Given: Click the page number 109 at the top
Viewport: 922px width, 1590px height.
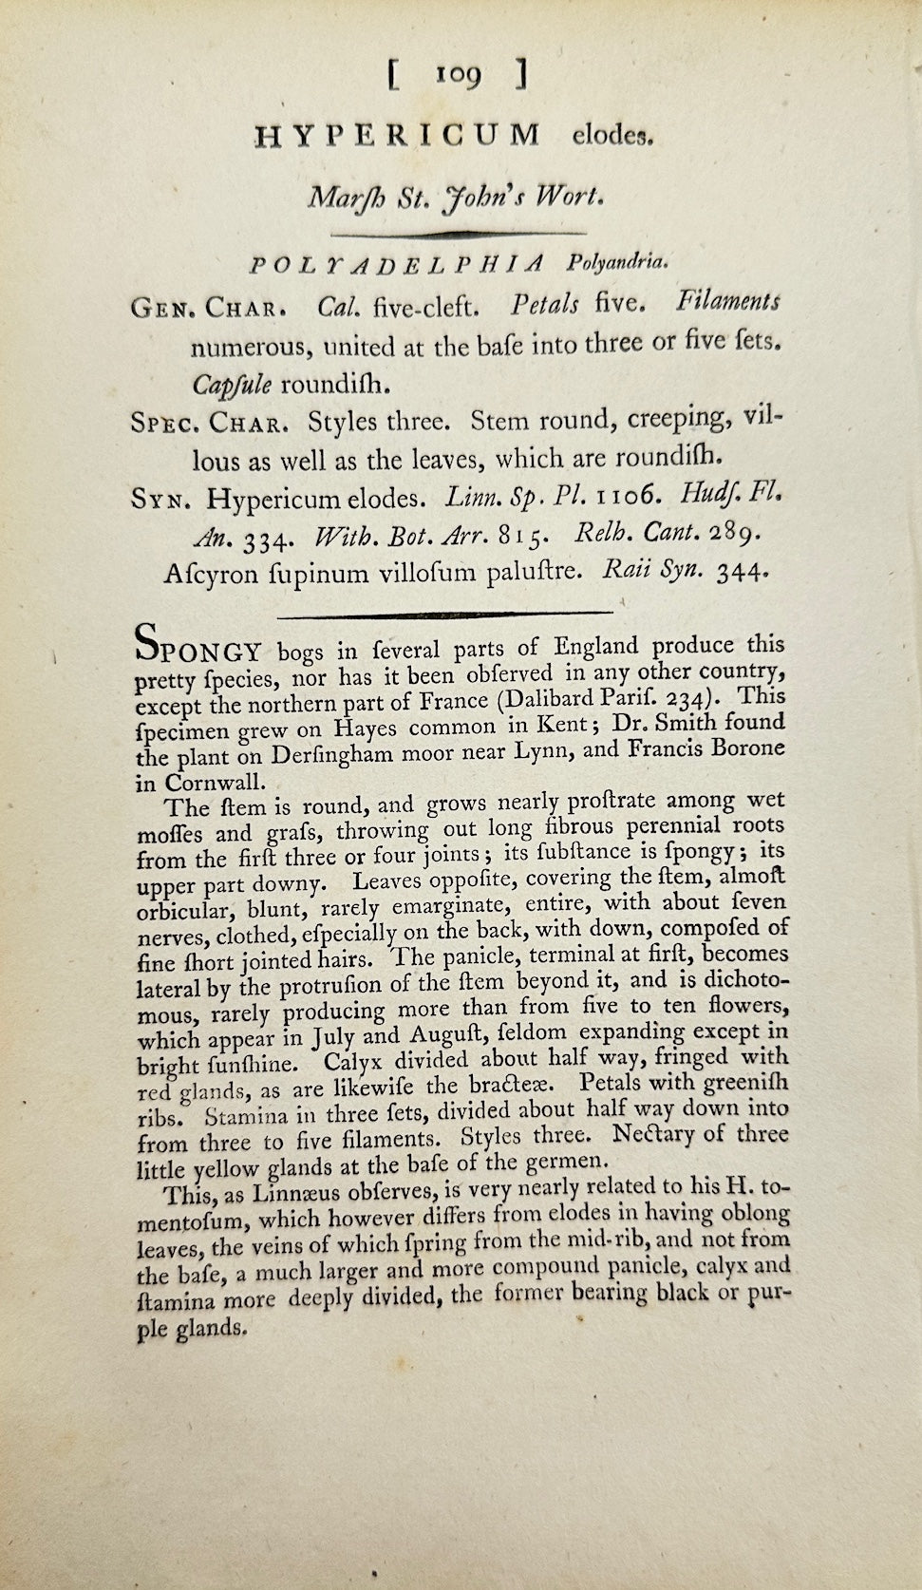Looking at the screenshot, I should tap(459, 75).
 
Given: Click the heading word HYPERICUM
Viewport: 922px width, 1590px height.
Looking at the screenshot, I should tap(397, 135).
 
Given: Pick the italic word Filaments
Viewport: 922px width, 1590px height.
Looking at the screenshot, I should tap(727, 302).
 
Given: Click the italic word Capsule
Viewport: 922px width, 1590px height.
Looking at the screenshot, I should tap(233, 385).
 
